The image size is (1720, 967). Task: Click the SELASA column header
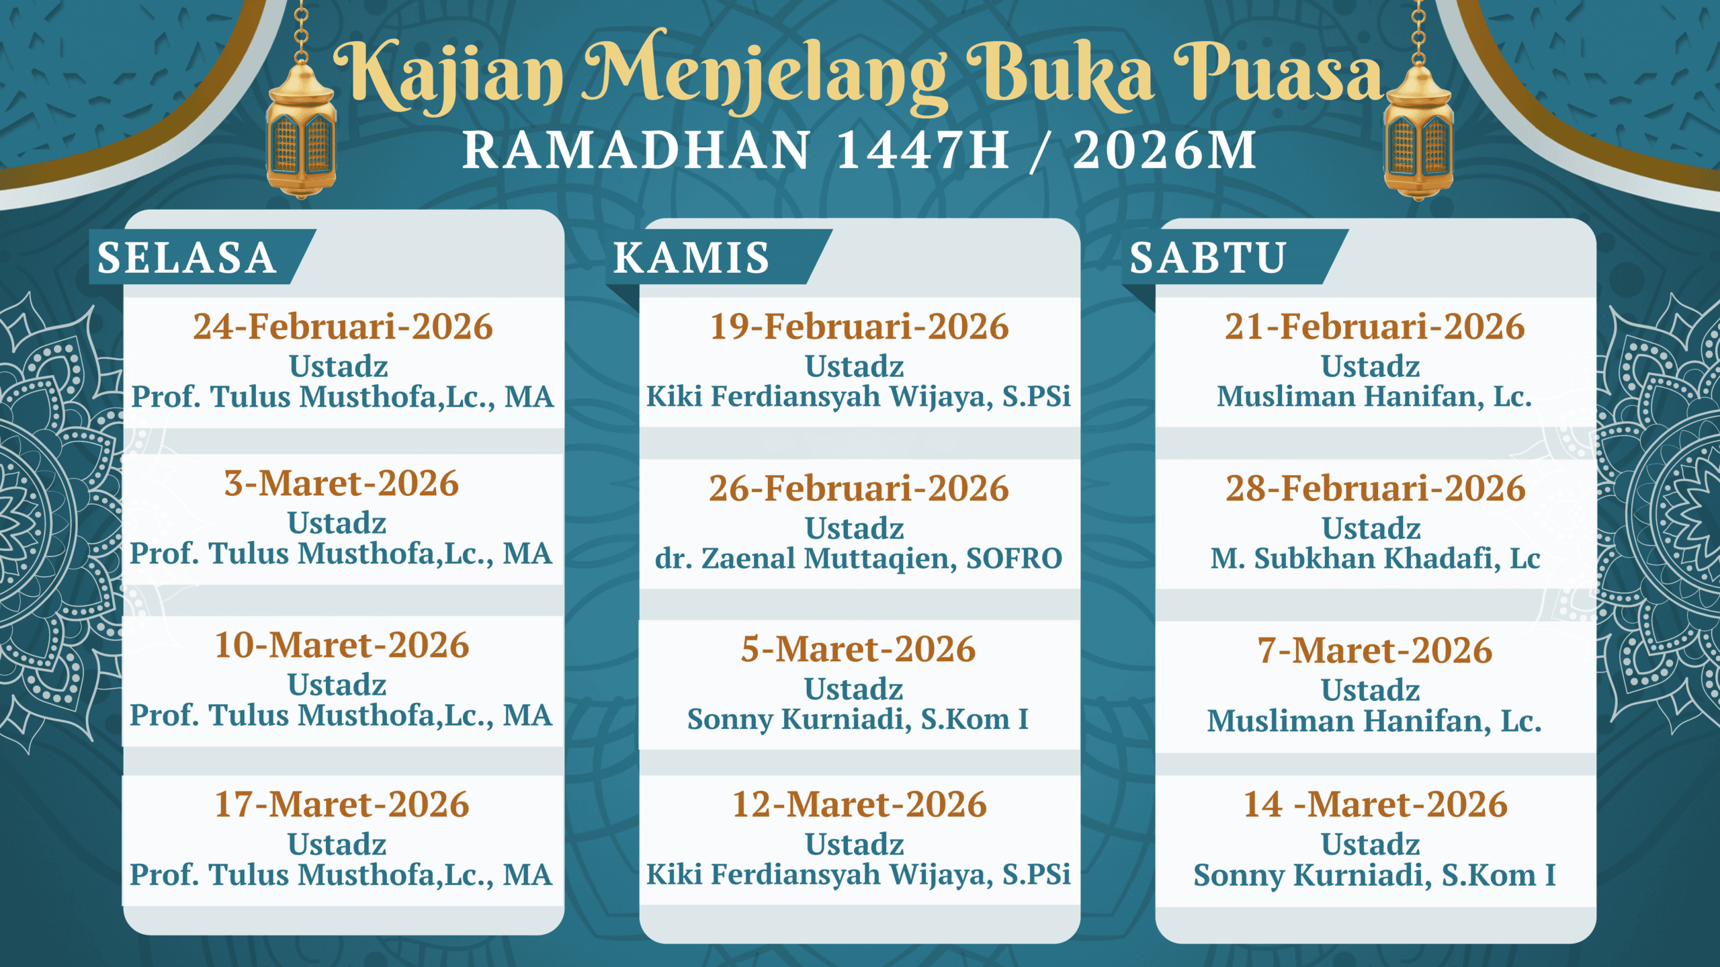tap(187, 257)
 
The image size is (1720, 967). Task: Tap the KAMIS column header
tap(691, 257)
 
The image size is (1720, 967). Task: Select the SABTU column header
tap(1207, 257)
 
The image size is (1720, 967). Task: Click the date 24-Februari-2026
tap(343, 327)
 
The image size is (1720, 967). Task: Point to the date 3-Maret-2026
tap(341, 483)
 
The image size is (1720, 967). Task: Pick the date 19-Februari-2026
tap(859, 327)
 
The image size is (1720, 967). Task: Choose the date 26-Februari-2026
tap(859, 488)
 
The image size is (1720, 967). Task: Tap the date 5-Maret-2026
tap(858, 649)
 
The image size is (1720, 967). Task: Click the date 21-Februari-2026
tap(1375, 327)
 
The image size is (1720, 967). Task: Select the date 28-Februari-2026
tap(1375, 488)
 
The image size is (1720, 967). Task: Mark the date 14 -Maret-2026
tap(1375, 804)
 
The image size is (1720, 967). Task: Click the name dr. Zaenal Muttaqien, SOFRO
tap(859, 558)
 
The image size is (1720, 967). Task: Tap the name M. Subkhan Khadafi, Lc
tap(1375, 558)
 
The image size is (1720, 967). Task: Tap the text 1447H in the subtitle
tap(922, 150)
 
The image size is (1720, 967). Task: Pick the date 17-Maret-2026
tap(341, 804)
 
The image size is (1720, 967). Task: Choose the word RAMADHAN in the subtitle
tap(636, 150)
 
